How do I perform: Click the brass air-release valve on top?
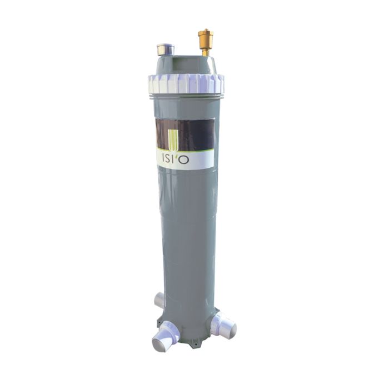pyautogui.click(x=206, y=38)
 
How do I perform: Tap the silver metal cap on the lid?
pyautogui.click(x=166, y=49)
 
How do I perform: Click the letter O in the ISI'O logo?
pyautogui.click(x=184, y=159)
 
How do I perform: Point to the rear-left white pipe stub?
pyautogui.click(x=159, y=300)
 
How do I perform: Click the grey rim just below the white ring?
pyautogui.click(x=186, y=97)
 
